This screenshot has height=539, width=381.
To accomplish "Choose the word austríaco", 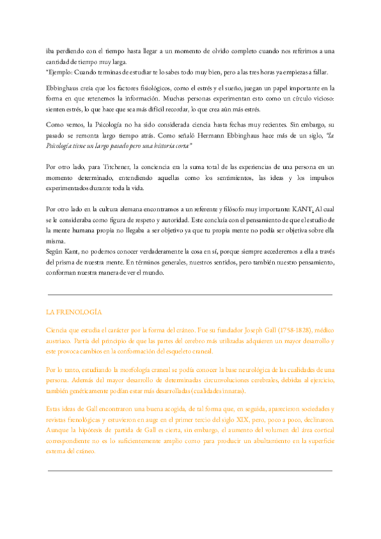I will [61, 342].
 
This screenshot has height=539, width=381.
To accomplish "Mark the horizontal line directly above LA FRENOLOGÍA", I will [190, 295].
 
